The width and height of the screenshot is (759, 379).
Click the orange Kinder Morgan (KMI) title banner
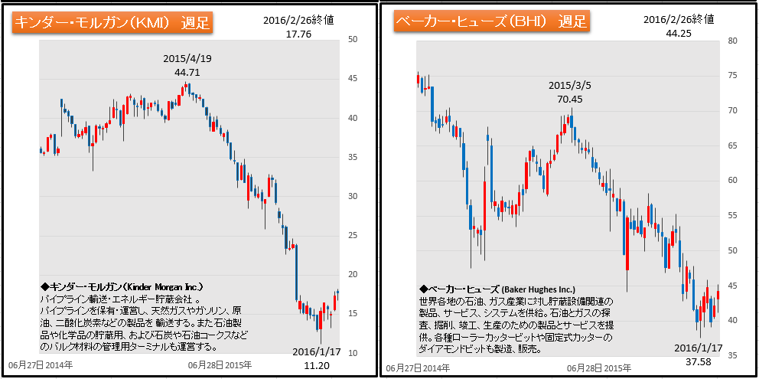point(112,21)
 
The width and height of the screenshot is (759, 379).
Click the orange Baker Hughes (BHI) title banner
point(491,21)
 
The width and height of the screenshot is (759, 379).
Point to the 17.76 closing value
point(278,34)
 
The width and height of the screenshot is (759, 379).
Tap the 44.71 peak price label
point(187,72)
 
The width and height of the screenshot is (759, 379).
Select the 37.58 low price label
point(698,361)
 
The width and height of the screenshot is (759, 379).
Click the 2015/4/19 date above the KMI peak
point(187,59)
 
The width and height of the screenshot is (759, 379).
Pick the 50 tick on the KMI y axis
point(353,40)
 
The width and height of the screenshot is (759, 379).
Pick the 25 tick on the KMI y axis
point(353,236)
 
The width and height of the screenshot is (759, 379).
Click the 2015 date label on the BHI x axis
point(600,368)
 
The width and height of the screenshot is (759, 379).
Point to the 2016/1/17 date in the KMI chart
point(314,352)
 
